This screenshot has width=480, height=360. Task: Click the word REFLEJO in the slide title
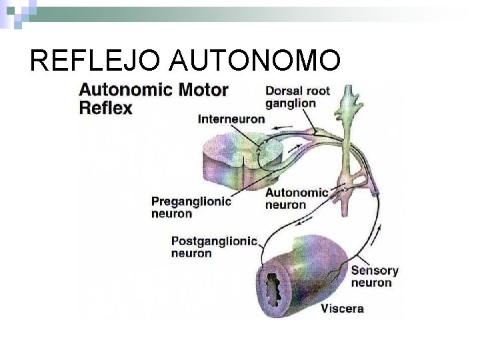(95, 62)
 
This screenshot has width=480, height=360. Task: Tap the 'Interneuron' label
(231, 119)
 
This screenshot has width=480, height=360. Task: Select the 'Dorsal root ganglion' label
(297, 97)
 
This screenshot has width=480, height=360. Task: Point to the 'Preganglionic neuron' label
(191, 207)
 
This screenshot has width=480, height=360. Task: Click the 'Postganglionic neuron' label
(214, 247)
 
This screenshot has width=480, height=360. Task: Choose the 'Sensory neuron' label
(374, 277)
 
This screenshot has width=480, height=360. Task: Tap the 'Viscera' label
(342, 308)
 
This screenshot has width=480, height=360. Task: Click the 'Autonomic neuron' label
(297, 199)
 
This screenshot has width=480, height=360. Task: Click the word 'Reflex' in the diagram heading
(106, 108)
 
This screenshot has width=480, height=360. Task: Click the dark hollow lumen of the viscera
(273, 287)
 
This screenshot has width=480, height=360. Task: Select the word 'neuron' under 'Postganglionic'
(191, 253)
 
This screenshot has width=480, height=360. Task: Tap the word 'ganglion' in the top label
(290, 103)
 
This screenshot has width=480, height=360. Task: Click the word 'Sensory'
(374, 271)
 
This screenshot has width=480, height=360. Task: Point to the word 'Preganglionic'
(191, 201)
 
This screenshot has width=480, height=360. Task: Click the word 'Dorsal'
(283, 91)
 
